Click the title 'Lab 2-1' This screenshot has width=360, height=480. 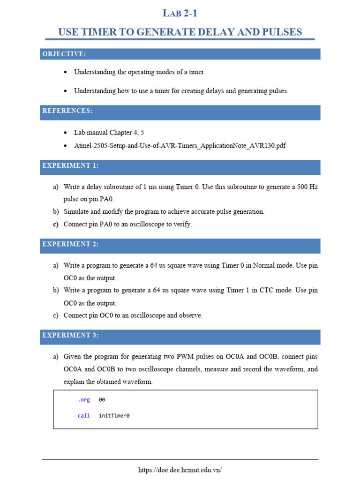click(x=180, y=13)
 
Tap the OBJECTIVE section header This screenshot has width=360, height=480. click(x=64, y=54)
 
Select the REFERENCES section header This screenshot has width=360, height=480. click(x=67, y=111)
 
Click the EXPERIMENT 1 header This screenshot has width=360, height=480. click(x=70, y=166)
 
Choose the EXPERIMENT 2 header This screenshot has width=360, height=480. click(x=70, y=244)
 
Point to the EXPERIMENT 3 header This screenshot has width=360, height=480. click(x=70, y=336)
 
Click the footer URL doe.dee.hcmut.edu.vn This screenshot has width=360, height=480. click(x=180, y=470)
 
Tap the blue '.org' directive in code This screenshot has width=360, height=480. click(x=84, y=400)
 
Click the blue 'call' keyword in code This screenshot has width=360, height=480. click(x=84, y=415)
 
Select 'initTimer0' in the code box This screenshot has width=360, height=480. click(x=114, y=415)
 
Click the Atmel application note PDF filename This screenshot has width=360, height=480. click(x=180, y=146)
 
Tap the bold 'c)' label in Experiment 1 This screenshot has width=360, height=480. click(x=55, y=224)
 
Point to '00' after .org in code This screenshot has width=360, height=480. click(x=102, y=400)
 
